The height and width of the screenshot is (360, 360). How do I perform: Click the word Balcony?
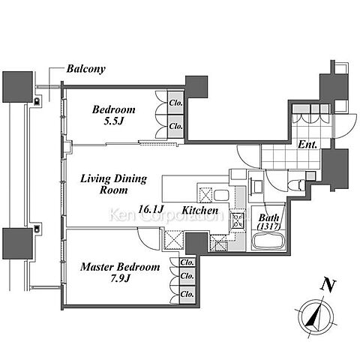click(x=85, y=69)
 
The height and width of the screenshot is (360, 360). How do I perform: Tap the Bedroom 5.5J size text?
click(x=114, y=121)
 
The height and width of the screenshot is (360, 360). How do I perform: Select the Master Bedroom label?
click(x=120, y=267)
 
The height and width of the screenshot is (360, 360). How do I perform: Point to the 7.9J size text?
click(x=120, y=278)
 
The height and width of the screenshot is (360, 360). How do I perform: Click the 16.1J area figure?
click(x=151, y=209)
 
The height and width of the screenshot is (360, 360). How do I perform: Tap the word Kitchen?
click(x=199, y=210)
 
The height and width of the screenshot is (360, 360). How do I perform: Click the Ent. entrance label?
click(x=307, y=144)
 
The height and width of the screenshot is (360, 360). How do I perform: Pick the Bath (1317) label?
click(x=268, y=222)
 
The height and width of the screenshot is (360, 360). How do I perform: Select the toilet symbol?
click(x=296, y=185)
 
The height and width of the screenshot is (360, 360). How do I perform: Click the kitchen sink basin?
click(x=221, y=196)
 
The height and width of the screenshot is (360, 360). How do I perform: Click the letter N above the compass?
click(x=328, y=286)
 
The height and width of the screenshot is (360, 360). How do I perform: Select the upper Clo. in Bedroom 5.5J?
click(x=176, y=103)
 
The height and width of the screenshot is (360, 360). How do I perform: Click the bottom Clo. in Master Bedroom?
click(x=187, y=294)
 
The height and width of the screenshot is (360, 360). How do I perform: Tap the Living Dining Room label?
click(x=114, y=184)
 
